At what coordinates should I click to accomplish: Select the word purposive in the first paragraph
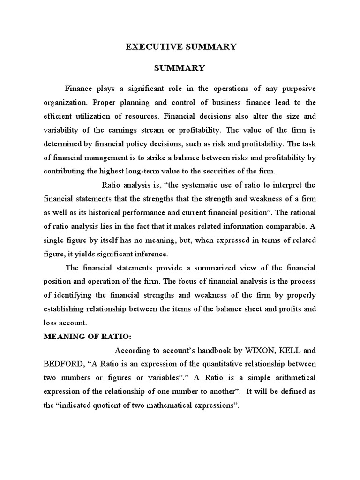(x=296, y=89)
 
